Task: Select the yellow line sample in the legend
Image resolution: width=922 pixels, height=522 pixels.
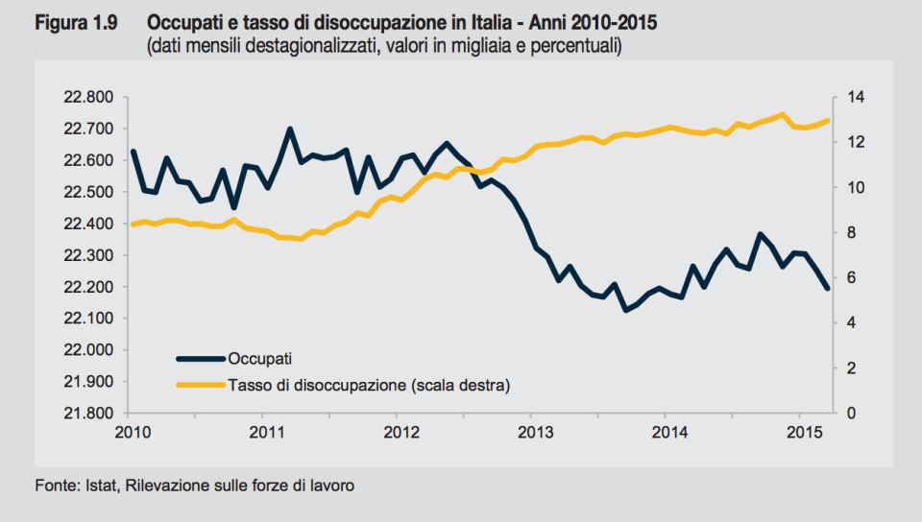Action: pos(200,385)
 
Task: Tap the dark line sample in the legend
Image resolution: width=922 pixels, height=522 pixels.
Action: pos(200,359)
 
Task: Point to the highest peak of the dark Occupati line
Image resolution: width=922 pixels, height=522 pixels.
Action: pos(290,129)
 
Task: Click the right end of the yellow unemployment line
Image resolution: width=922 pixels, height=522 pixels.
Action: pos(827,120)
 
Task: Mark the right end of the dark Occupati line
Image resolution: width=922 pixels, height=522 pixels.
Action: pos(827,289)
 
